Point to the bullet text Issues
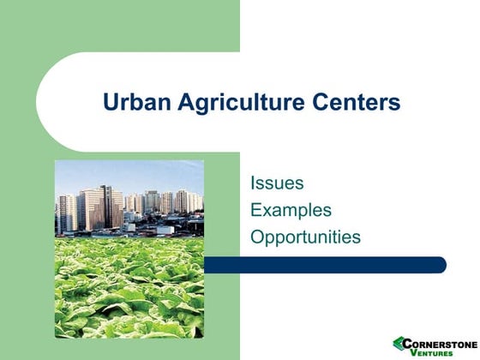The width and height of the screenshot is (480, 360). (276, 183)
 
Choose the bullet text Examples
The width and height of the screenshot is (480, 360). (291, 210)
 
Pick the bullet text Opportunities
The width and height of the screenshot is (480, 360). (305, 237)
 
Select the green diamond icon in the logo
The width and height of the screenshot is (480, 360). (399, 345)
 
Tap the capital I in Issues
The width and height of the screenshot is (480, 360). (253, 183)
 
